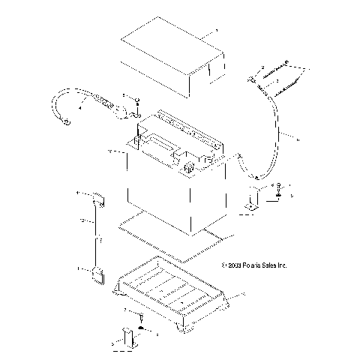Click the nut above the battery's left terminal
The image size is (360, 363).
pos(136,100)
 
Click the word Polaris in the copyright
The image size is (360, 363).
pos(249,265)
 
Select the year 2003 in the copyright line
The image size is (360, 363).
pos(231,265)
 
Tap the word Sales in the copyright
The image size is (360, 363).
pos(268,265)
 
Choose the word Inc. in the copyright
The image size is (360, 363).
pos(283,265)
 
